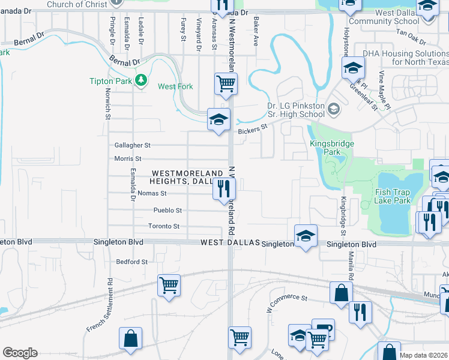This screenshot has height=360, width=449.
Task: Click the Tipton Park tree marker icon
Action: (x=141, y=80)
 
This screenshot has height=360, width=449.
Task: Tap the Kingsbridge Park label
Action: (x=332, y=148)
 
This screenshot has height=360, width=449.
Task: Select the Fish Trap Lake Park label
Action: (x=393, y=196)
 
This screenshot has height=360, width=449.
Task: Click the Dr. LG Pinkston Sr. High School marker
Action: (x=334, y=110)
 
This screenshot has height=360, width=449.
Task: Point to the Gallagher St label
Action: (x=132, y=145)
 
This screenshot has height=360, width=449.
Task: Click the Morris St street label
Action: (x=127, y=159)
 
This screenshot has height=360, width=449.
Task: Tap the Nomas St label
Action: (x=151, y=193)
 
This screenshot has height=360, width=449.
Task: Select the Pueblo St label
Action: (x=167, y=211)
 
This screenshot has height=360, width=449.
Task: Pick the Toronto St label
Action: (x=164, y=226)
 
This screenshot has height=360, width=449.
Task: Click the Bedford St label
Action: (x=131, y=262)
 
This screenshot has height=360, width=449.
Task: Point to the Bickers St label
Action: (x=252, y=129)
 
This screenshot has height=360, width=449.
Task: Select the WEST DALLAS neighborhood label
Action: (x=230, y=243)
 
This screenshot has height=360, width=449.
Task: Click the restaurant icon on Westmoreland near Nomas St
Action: (x=224, y=190)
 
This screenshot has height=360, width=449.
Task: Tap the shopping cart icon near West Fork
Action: (x=226, y=83)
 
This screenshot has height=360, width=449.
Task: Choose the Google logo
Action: (x=20, y=353)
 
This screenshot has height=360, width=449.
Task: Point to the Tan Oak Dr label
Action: (x=411, y=38)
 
